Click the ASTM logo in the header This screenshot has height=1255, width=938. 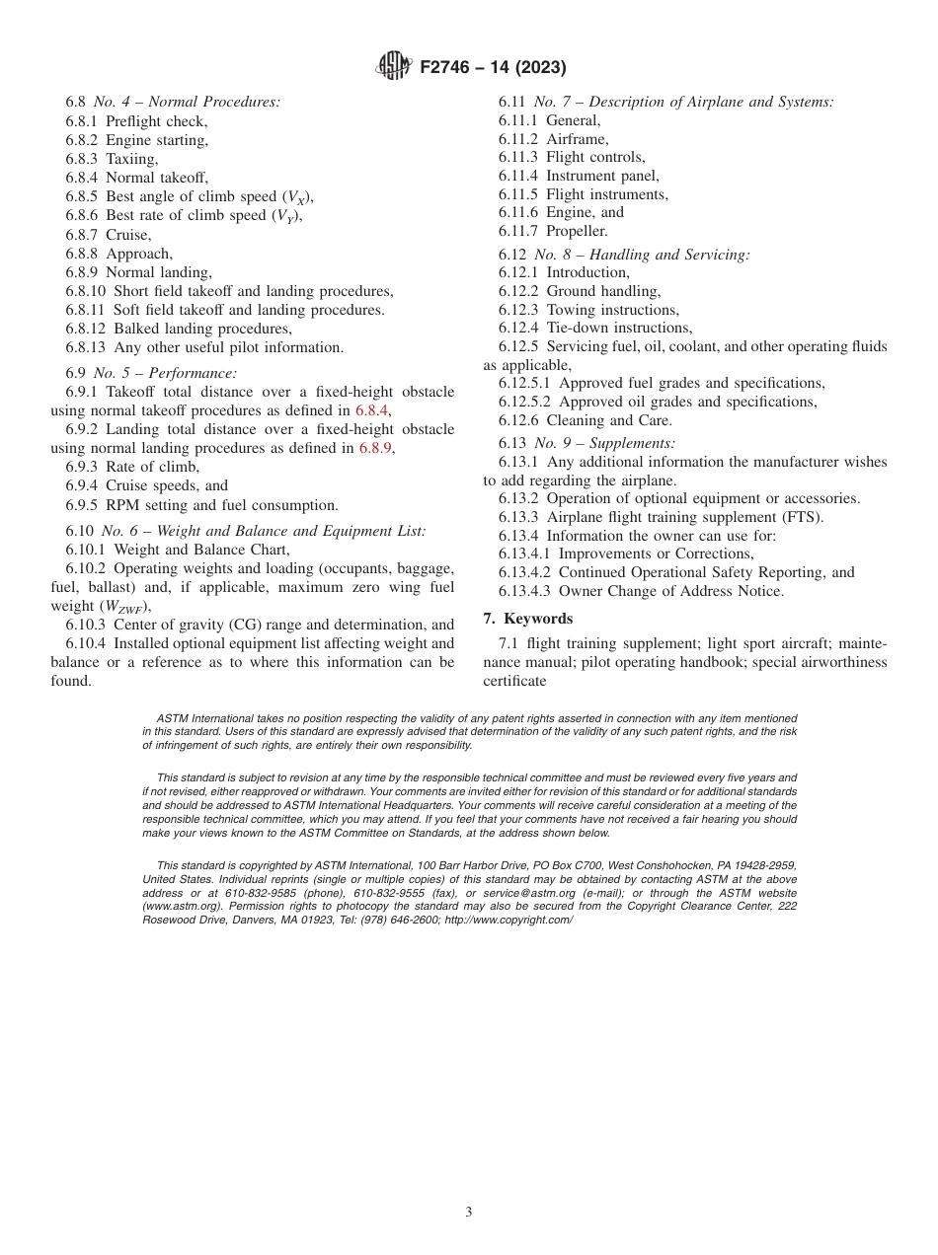tap(395, 67)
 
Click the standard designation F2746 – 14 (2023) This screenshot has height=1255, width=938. tap(493, 68)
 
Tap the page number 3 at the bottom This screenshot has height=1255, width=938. tap(469, 1212)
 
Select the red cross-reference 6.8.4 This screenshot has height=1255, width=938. tap(372, 410)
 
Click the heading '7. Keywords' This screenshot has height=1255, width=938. tap(527, 619)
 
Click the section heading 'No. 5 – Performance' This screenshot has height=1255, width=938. tap(165, 373)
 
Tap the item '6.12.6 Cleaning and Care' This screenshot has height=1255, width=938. tap(585, 420)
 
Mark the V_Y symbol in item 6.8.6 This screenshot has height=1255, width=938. tap(286, 216)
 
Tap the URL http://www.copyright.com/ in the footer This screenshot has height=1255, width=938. tap(508, 920)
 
